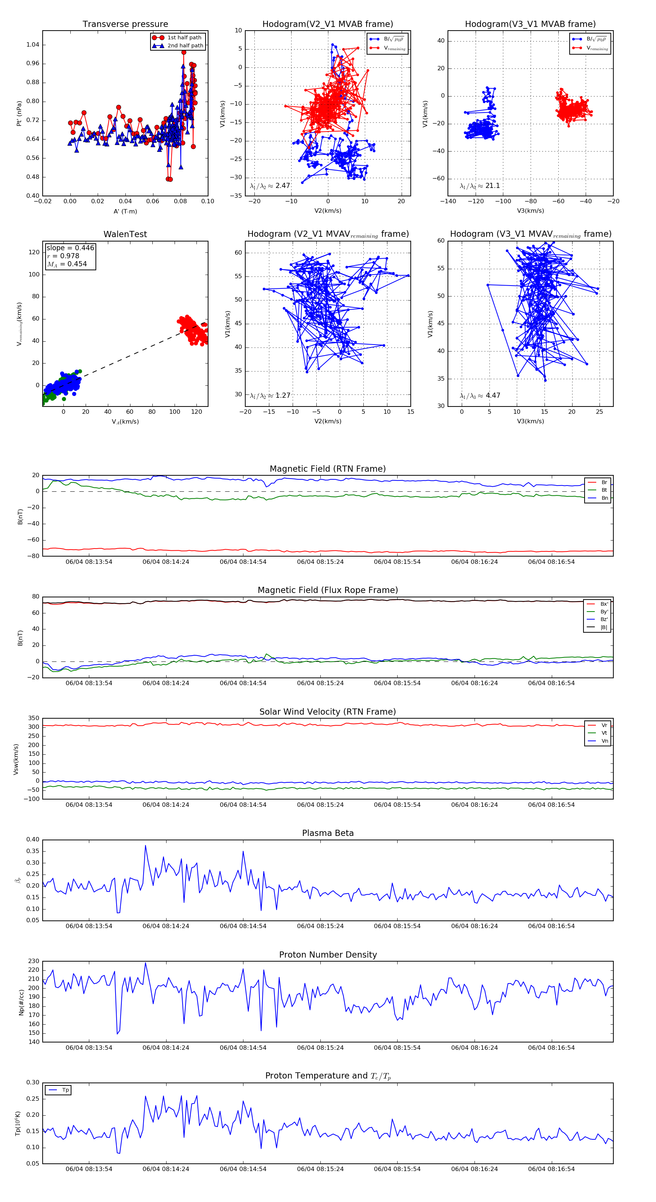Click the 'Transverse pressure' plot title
[x=125, y=24]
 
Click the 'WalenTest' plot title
[x=125, y=234]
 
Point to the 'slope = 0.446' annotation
[x=70, y=248]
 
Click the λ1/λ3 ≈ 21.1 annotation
[x=480, y=186]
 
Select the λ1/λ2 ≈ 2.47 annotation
[x=270, y=186]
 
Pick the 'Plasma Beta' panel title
[x=328, y=833]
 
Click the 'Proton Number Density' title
[x=328, y=954]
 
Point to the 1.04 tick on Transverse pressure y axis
[x=33, y=45]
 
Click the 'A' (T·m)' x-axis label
[x=125, y=211]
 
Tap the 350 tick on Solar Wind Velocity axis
[x=34, y=718]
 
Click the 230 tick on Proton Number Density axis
[x=34, y=961]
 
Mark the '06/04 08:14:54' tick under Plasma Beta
[x=243, y=926]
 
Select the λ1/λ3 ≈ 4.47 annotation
[x=480, y=396]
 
